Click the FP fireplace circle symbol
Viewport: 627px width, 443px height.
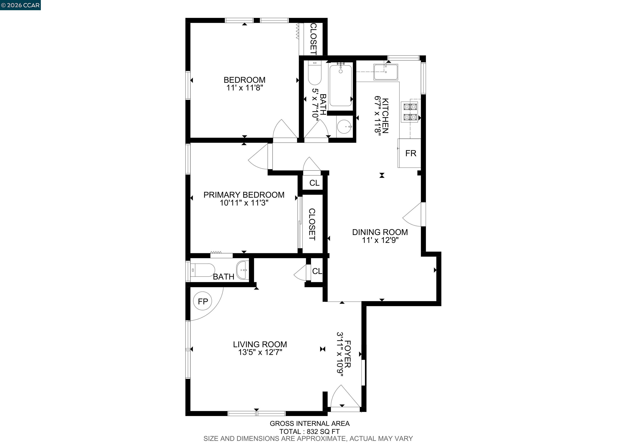point(203,301)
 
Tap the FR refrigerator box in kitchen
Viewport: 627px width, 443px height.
point(410,153)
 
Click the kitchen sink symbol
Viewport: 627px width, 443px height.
point(386,72)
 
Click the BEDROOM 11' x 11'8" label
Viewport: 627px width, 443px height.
point(244,83)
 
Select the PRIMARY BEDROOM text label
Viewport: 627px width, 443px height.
point(244,195)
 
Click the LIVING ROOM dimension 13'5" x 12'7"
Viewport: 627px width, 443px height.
point(260,352)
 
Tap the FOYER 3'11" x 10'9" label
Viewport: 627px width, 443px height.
point(344,354)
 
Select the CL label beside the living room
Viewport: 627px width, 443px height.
point(317,271)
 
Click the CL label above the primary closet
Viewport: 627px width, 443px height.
point(314,183)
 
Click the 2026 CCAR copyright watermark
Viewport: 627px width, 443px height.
point(20,5)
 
